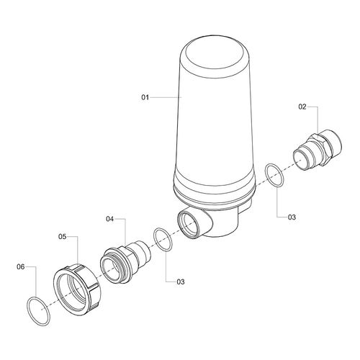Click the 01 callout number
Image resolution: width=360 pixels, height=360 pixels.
pyautogui.click(x=145, y=97)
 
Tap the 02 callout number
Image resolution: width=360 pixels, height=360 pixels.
pyautogui.click(x=302, y=107)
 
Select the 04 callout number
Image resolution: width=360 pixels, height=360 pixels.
pyautogui.click(x=110, y=219)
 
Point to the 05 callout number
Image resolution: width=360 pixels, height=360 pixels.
pyautogui.click(x=62, y=236)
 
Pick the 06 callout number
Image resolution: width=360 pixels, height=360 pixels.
pyautogui.click(x=21, y=266)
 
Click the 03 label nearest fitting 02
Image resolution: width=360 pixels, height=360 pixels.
pyautogui.click(x=292, y=217)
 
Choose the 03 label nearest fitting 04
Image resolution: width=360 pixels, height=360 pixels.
pyautogui.click(x=181, y=282)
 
